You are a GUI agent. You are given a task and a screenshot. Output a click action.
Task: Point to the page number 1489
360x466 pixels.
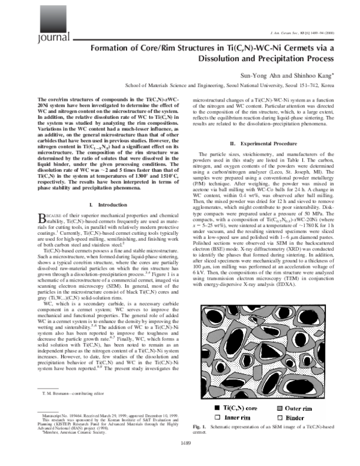coord(179,459)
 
